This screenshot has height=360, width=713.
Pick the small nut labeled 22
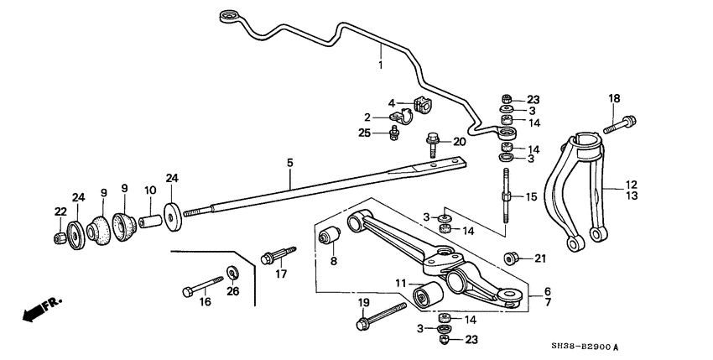60,238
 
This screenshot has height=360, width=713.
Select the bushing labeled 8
330,237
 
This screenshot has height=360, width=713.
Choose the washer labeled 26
232,272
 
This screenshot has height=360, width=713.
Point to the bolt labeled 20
432,148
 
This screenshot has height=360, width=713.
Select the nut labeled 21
509,257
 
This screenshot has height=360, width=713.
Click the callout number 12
631,184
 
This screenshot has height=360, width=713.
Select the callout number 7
547,301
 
